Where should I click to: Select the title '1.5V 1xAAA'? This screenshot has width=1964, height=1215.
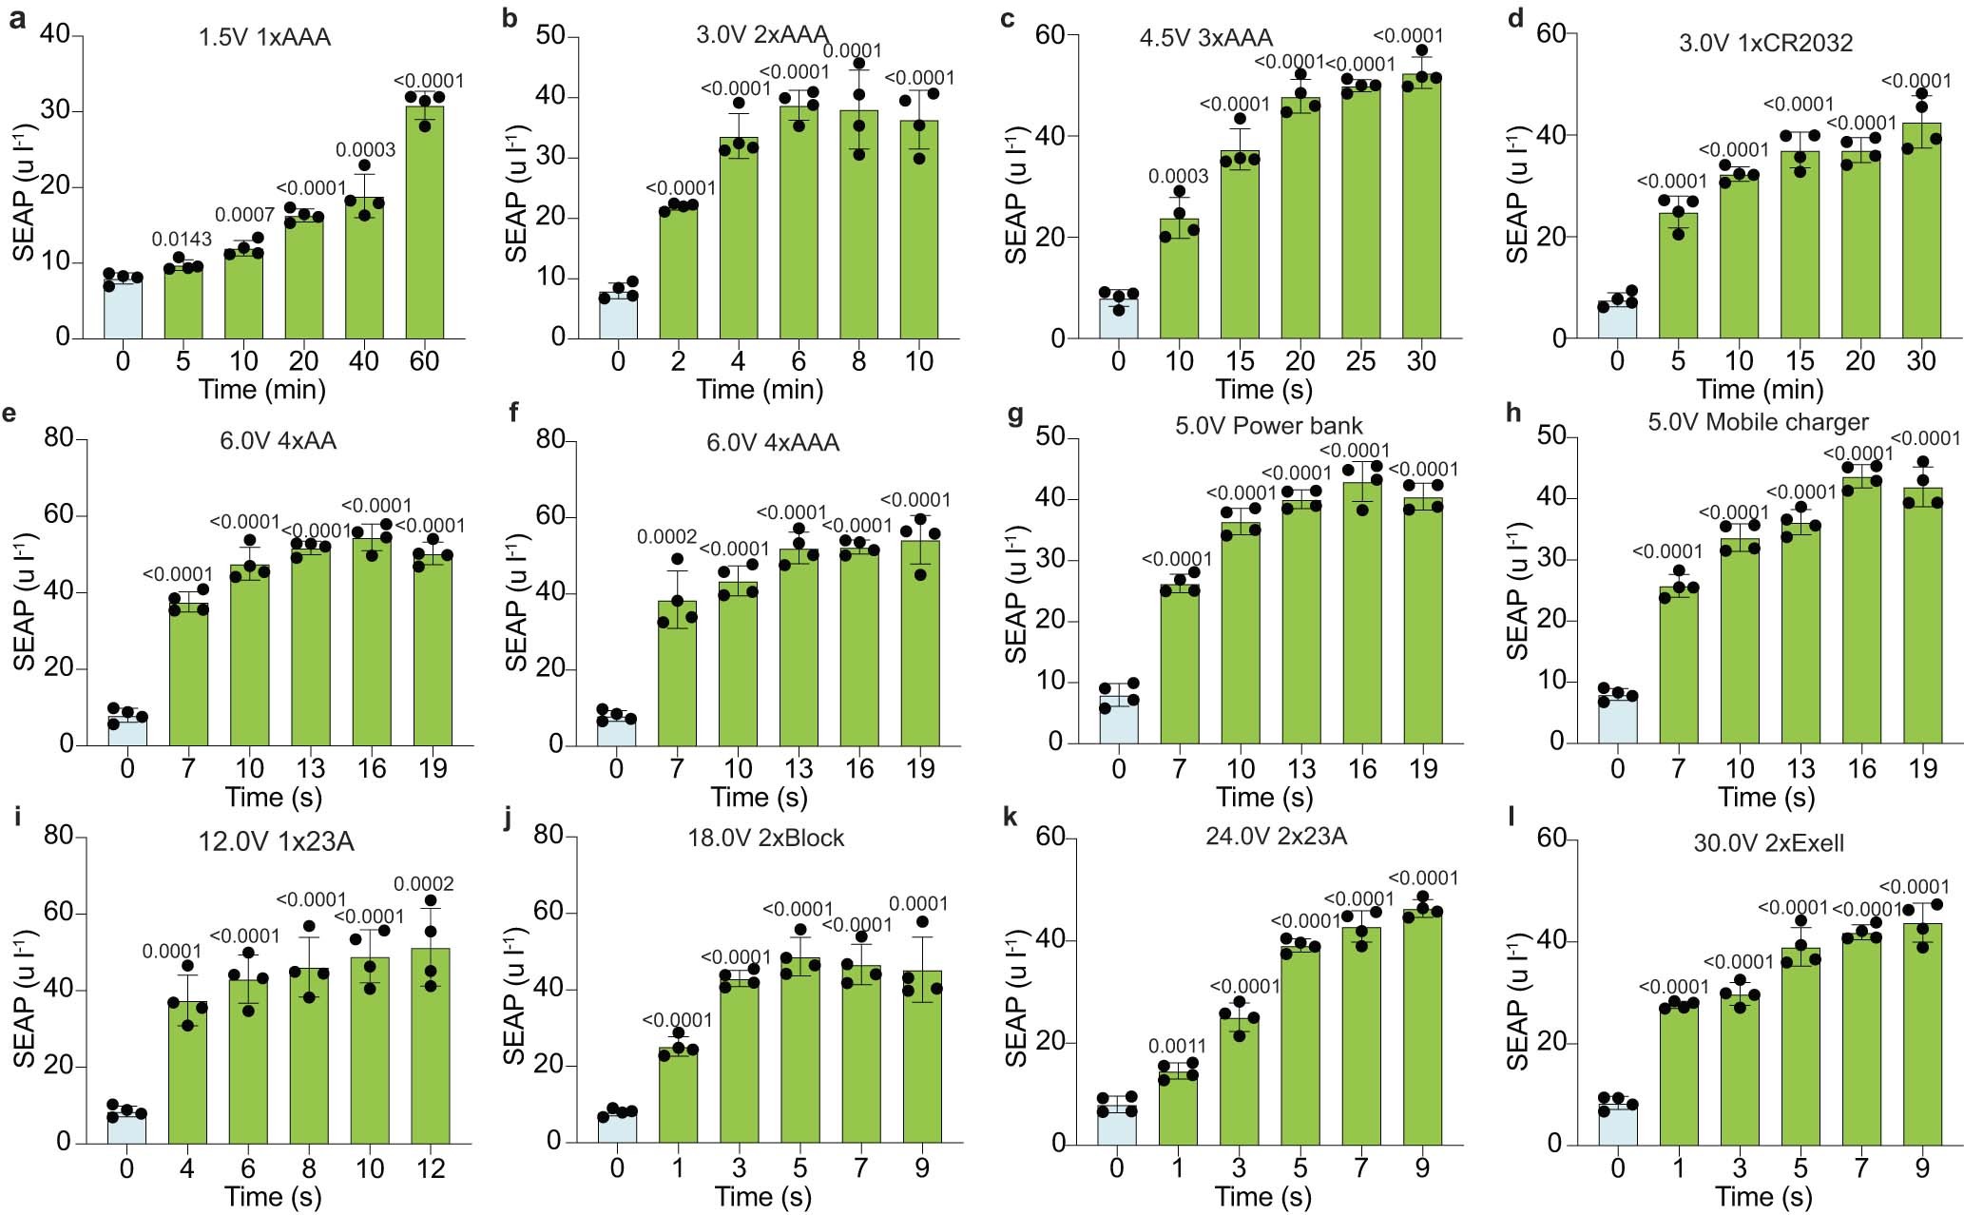[264, 38]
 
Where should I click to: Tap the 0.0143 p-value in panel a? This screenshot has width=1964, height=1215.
[182, 240]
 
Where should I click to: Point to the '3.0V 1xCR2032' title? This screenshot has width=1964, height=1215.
[1766, 43]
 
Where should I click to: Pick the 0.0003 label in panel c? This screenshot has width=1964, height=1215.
[1178, 176]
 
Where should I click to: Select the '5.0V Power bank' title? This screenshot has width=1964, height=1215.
[1268, 425]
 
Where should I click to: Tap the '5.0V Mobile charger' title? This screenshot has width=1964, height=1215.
[1758, 422]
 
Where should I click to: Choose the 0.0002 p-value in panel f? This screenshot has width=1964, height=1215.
[666, 538]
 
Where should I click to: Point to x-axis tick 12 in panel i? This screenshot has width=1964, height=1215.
[431, 1168]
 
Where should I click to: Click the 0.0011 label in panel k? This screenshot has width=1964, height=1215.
[1177, 1047]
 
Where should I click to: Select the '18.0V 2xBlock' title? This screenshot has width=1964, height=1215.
[766, 838]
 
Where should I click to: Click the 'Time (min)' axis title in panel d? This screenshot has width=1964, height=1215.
[1760, 390]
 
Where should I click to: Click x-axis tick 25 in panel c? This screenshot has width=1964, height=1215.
[1360, 361]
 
